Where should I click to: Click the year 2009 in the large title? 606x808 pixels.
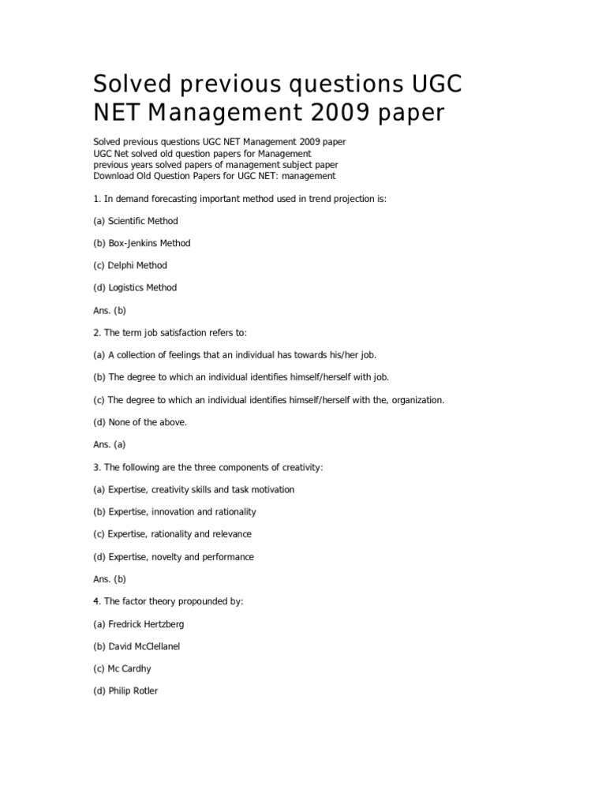pos(340,114)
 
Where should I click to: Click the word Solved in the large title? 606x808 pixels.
pos(129,83)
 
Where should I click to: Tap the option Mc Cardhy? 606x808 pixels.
pos(122,669)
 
